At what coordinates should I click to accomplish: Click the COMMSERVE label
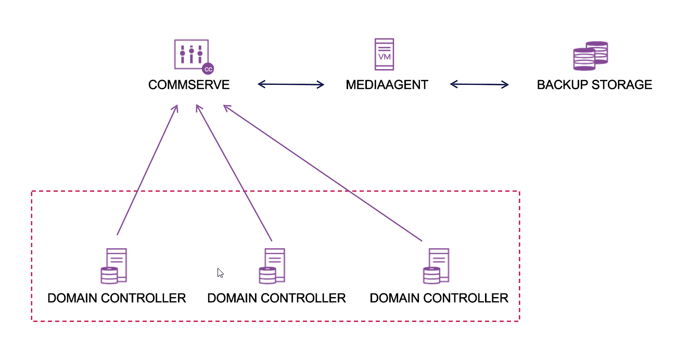tap(188, 85)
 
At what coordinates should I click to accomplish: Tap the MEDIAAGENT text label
tap(387, 85)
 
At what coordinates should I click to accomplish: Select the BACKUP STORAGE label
tap(594, 85)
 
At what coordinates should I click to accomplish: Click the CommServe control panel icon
tap(192, 54)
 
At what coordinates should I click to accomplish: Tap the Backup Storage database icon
tap(590, 56)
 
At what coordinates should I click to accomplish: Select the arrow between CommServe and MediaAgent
tap(291, 84)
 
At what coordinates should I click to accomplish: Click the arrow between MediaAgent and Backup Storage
tap(479, 84)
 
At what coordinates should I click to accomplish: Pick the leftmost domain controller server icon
tap(114, 266)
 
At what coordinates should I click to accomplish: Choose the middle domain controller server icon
tap(272, 266)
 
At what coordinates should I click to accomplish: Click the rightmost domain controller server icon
tap(436, 266)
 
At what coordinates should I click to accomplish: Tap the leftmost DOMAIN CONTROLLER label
tap(117, 298)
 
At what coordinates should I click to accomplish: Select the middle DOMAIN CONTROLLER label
tap(276, 298)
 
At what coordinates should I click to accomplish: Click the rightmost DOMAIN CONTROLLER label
tap(439, 298)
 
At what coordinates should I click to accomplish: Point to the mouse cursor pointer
tap(220, 273)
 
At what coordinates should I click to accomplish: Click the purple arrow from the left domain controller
tap(148, 169)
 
